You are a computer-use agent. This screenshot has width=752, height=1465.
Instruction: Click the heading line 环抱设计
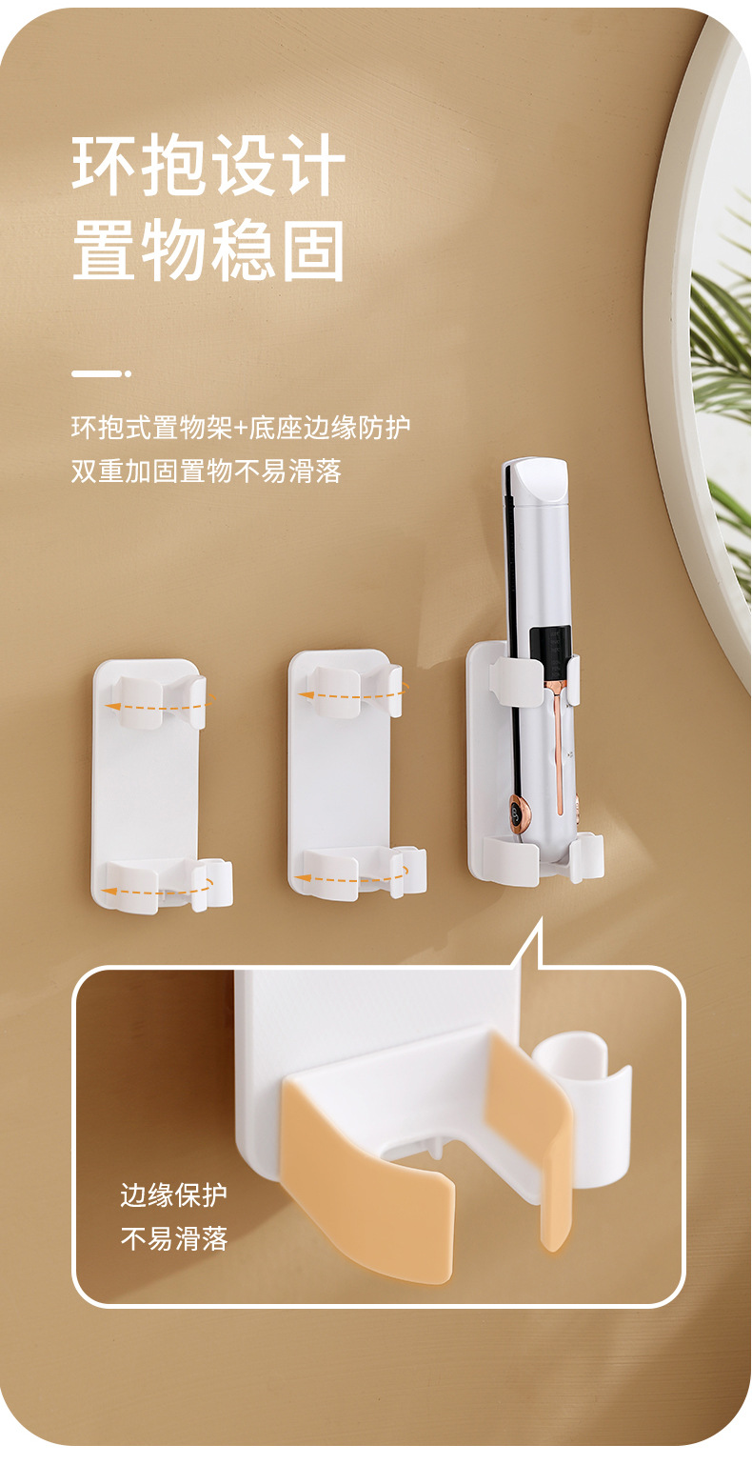(x=208, y=165)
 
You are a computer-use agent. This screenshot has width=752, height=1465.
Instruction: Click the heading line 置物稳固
(x=208, y=251)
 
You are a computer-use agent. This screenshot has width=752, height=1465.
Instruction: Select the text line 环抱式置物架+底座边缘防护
(x=241, y=428)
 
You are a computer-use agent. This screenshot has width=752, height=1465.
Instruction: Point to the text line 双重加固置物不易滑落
(x=206, y=471)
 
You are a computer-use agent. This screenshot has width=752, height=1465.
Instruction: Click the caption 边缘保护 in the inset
(x=174, y=1194)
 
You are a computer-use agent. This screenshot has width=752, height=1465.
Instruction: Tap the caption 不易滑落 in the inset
(x=174, y=1238)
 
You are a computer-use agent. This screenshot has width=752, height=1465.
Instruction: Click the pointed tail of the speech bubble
(x=540, y=922)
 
